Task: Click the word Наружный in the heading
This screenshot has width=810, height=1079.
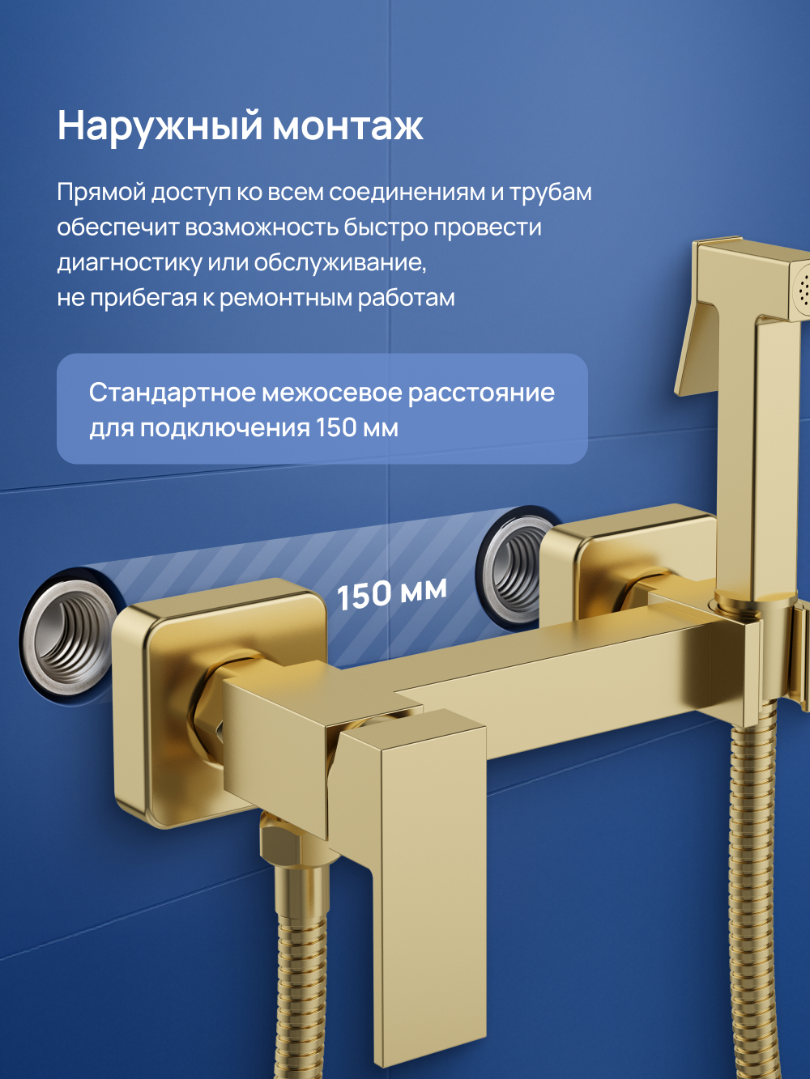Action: [160, 126]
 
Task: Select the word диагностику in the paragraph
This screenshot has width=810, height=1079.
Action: [129, 263]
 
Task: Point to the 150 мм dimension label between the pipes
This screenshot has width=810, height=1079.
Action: [391, 594]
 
